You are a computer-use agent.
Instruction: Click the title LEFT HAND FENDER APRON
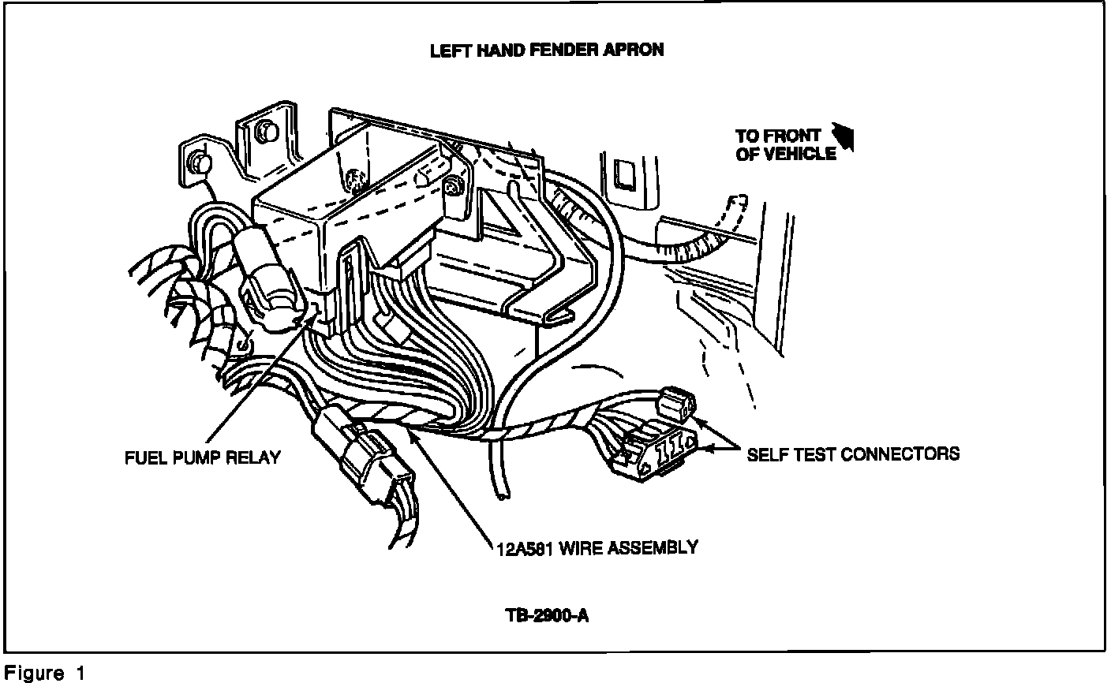pyautogui.click(x=547, y=50)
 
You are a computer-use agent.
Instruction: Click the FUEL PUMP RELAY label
pyautogui.click(x=203, y=457)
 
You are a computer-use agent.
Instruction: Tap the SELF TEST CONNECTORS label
pyautogui.click(x=853, y=453)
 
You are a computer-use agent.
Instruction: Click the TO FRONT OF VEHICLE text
pyautogui.click(x=785, y=145)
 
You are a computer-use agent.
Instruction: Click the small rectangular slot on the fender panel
pyautogui.click(x=625, y=176)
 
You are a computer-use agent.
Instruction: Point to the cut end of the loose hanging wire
pyautogui.click(x=500, y=494)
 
